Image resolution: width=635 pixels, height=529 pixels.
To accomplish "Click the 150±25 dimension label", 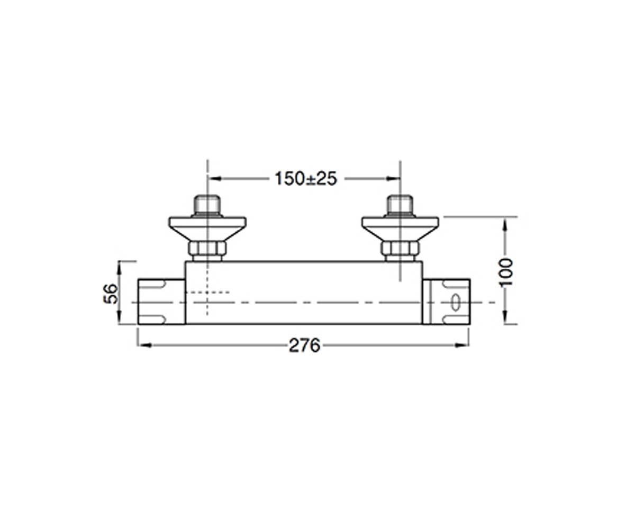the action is pyautogui.click(x=306, y=178).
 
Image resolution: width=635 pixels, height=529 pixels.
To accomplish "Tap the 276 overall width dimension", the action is pyautogui.click(x=304, y=345).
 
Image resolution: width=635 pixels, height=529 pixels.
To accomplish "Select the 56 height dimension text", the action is pyautogui.click(x=111, y=294).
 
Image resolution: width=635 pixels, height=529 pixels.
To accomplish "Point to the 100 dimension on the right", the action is pyautogui.click(x=506, y=272).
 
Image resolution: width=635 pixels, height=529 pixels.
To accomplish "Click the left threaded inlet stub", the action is pyautogui.click(x=207, y=206).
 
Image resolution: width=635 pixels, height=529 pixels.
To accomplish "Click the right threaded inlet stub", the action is pyautogui.click(x=400, y=206).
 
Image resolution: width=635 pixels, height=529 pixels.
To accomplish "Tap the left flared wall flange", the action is pyautogui.click(x=208, y=229).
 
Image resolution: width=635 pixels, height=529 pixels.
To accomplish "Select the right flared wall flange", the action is pyautogui.click(x=400, y=229).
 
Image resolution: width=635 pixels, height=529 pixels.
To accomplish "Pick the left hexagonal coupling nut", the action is pyautogui.click(x=207, y=249).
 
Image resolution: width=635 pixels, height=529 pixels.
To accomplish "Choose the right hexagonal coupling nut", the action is pyautogui.click(x=400, y=249).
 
